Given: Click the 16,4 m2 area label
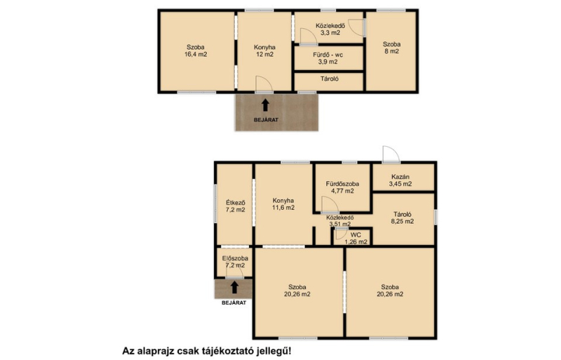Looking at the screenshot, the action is pos(196,55).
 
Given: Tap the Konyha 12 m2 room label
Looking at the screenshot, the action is pos(264,51).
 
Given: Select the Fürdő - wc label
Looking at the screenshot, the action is pos(327,55).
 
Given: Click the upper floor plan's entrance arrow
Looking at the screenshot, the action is pos(265,105).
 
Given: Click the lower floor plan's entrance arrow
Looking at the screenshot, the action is pos(234,287).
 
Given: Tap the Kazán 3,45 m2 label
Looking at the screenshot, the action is pos(400,180).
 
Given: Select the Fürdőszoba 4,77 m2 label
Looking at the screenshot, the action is pos(342,187).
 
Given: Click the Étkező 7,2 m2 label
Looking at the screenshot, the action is pos(236,206).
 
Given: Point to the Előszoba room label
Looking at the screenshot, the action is pos(235,258).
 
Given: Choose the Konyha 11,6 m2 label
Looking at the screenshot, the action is pos(283,204).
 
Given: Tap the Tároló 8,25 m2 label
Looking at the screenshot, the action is pos(403,218).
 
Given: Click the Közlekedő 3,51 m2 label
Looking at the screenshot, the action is pos(340,221).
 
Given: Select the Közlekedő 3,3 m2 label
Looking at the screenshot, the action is pos(330,29).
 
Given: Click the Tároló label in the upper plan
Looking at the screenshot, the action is pos(329,79).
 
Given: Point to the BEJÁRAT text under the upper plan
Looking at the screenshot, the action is pos(266,120).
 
